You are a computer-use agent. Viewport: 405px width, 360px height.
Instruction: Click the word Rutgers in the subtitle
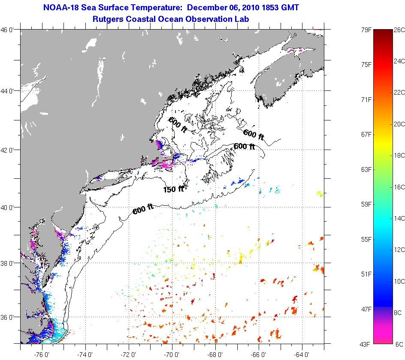coord(108,19)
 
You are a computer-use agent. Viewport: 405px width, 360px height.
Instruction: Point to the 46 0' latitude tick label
coord(9,30)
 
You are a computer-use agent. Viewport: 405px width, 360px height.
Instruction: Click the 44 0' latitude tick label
coord(9,91)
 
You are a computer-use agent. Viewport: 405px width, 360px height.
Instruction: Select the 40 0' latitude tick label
coord(9,207)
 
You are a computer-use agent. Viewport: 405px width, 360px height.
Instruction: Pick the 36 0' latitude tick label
coord(9,318)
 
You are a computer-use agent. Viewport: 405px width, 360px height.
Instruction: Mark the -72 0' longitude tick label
coord(129,354)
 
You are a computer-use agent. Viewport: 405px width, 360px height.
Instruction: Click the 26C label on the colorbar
coord(399,30)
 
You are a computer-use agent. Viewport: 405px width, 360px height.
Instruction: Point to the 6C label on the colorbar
coord(399,344)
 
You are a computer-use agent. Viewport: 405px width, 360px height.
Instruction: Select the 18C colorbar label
coord(399,156)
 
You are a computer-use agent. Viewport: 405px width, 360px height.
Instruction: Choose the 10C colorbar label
coord(399,281)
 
